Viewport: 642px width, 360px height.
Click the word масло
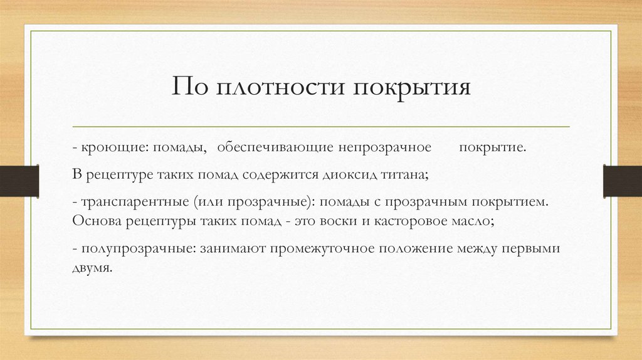[x=478, y=221]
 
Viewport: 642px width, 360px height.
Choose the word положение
[x=423, y=248]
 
